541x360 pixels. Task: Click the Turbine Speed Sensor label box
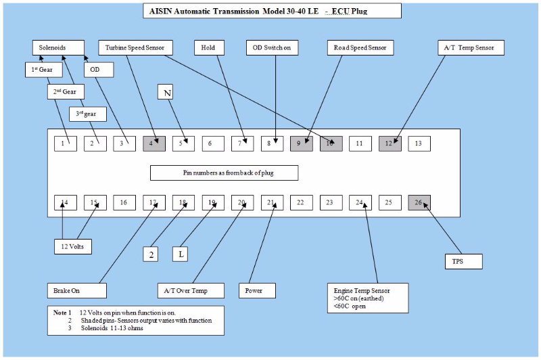point(136,48)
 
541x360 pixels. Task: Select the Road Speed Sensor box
point(361,48)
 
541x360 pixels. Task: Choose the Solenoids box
point(58,48)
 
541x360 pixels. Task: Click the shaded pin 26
point(419,202)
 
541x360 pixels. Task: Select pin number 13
point(419,143)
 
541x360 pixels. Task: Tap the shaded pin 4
point(154,143)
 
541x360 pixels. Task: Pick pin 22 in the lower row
point(302,202)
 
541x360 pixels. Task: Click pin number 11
point(360,143)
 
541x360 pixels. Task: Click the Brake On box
point(77,290)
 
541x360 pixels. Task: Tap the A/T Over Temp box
point(191,290)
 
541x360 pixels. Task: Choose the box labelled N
point(167,91)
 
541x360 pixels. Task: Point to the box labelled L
point(182,254)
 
